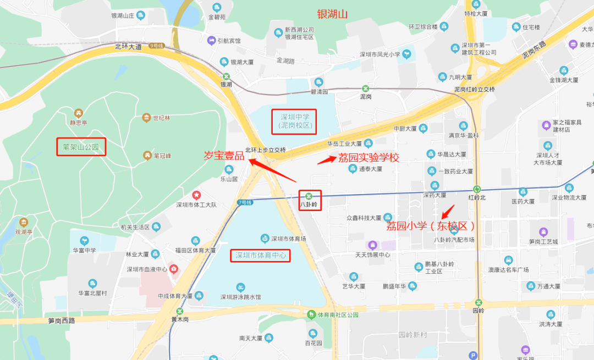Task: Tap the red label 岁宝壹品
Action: point(224,156)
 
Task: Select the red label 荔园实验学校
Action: point(369,158)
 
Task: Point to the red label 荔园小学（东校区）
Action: point(431,226)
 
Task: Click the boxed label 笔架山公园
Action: point(81,147)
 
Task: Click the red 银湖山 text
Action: point(333,14)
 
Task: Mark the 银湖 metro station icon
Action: point(226,76)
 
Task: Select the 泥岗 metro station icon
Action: point(365,88)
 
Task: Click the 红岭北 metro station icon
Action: point(477,189)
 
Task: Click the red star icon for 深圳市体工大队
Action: point(196,195)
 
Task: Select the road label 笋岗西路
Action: point(62,321)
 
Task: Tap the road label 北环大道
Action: point(129,46)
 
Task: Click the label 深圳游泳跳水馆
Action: point(240,297)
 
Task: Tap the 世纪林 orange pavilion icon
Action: point(146,118)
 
